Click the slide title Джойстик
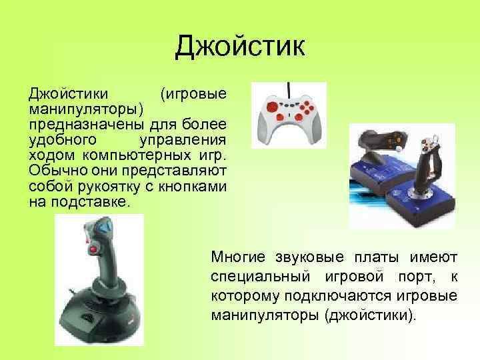[x=239, y=47]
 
